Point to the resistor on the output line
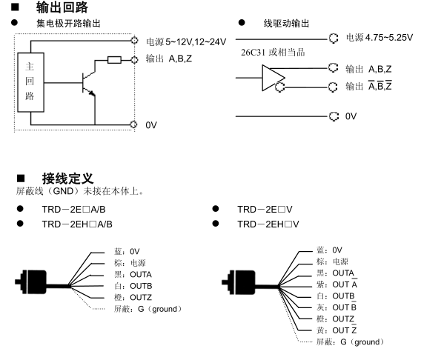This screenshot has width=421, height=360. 115,59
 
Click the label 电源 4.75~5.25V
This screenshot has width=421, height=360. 379,36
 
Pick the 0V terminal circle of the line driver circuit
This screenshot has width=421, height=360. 331,116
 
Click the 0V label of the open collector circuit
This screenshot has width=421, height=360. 151,125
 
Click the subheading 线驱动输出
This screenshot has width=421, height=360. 286,24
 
